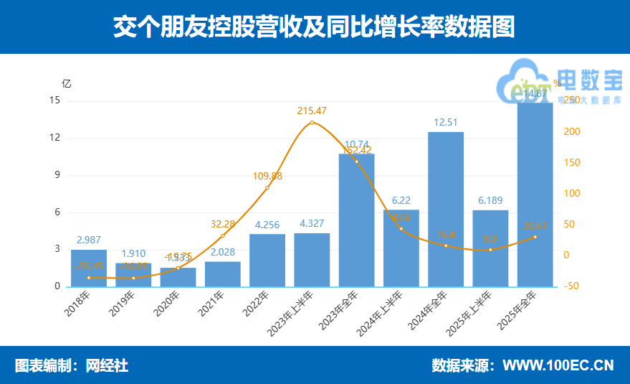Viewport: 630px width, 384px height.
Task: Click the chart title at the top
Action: coord(315,27)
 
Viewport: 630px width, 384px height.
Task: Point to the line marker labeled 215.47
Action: coord(312,123)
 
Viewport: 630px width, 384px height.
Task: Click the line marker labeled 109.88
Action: coord(267,188)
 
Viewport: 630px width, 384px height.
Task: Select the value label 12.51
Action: coord(446,122)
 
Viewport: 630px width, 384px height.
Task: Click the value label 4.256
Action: coord(267,225)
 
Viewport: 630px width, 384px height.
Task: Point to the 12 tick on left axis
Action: coord(55,138)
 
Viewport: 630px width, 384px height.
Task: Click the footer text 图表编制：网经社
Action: coord(72,365)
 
